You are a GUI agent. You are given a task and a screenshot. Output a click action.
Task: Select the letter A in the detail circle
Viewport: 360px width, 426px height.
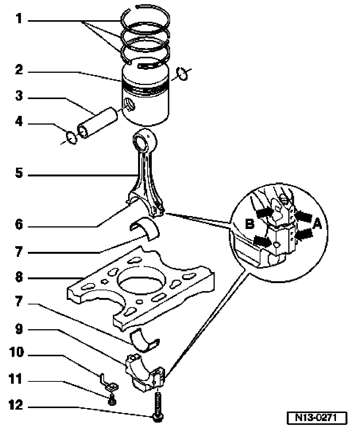coord(317,225)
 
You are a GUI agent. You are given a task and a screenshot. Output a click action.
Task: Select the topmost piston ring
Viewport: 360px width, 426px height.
coord(145,17)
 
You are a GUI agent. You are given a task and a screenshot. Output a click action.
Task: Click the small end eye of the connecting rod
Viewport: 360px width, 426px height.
coord(145,141)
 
